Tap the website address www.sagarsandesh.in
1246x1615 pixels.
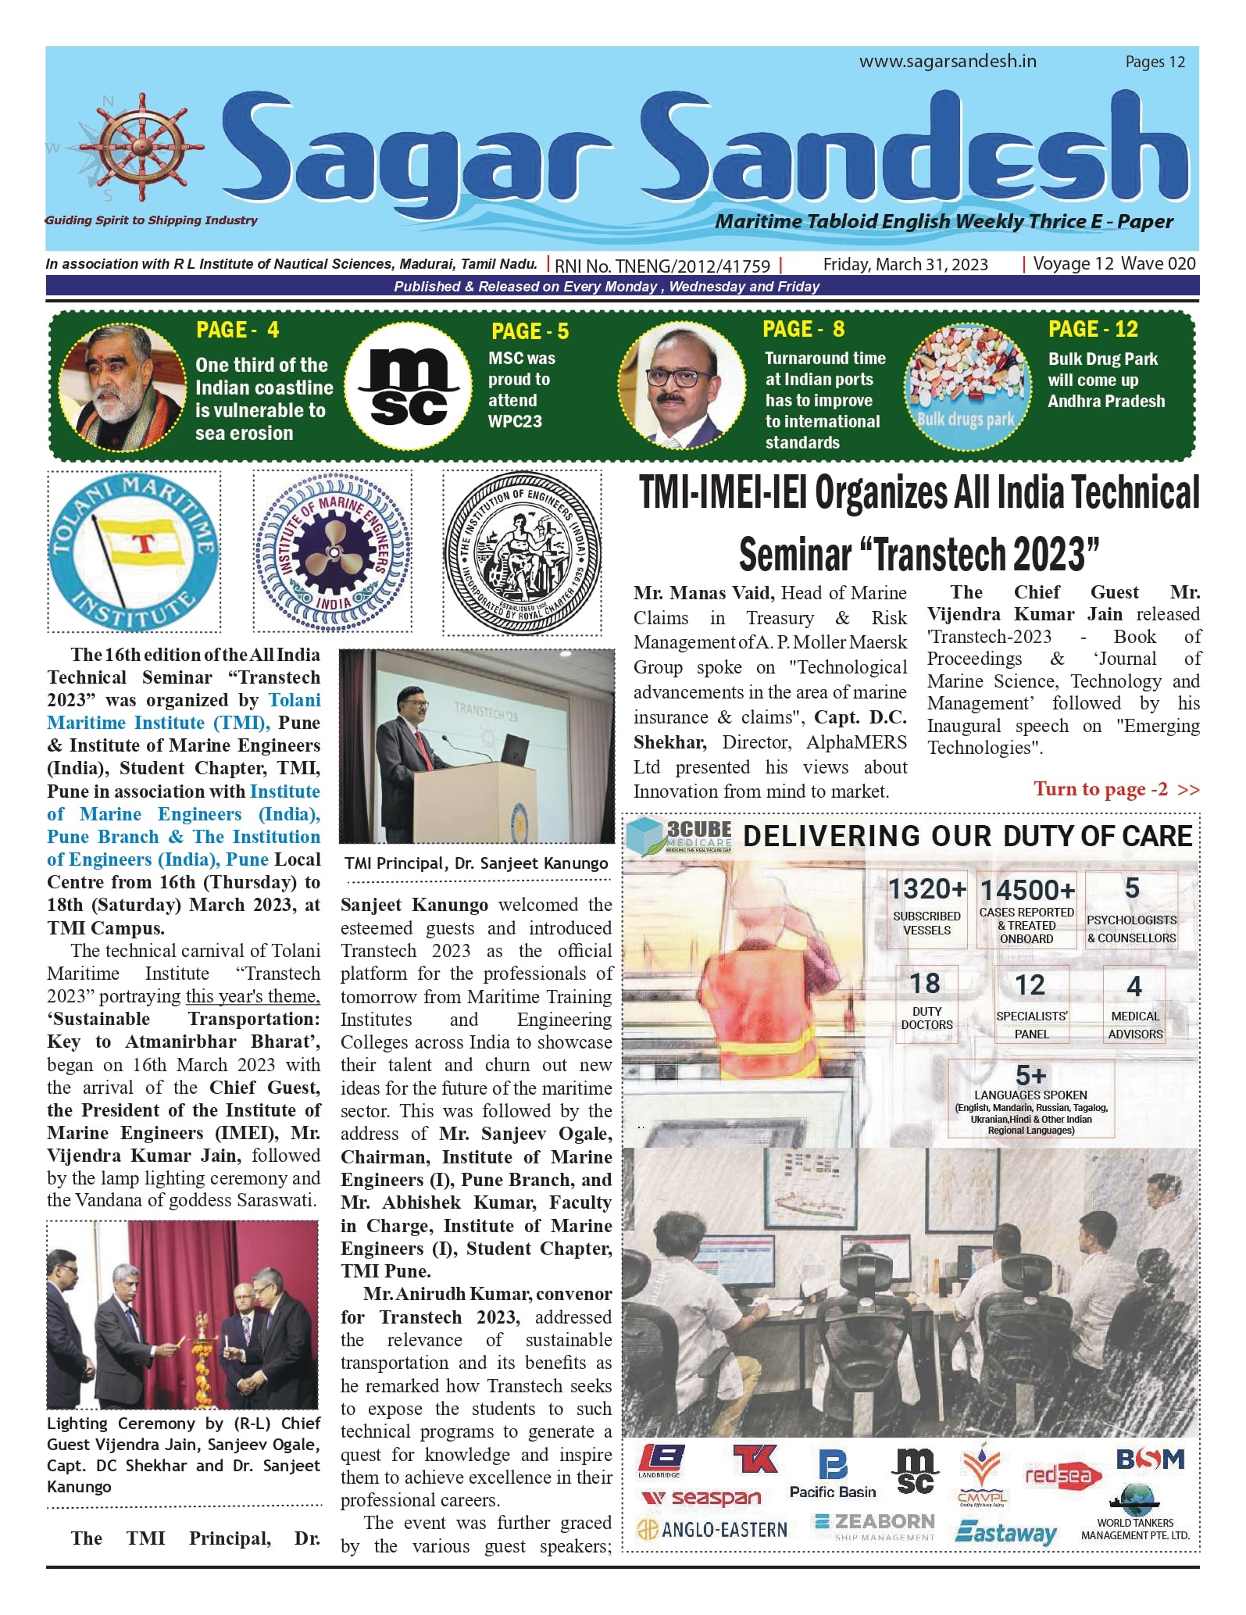tap(948, 61)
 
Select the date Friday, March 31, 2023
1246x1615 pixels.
tap(905, 264)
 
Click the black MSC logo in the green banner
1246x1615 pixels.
tap(408, 387)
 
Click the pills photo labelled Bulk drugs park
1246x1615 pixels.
tap(966, 387)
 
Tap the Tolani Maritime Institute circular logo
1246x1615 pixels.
tap(134, 552)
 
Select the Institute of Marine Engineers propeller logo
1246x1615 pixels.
tap(333, 552)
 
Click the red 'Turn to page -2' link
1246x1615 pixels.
tap(1116, 789)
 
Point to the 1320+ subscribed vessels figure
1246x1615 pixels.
tap(927, 889)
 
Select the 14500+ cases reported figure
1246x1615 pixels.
tap(1027, 890)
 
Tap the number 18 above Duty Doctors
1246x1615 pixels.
tap(926, 983)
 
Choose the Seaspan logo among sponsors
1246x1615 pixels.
tap(702, 1498)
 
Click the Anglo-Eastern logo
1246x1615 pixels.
tap(712, 1529)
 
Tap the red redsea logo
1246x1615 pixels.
tap(1062, 1475)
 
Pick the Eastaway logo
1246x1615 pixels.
tap(1005, 1532)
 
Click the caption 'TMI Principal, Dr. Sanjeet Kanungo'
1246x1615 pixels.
tap(477, 863)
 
